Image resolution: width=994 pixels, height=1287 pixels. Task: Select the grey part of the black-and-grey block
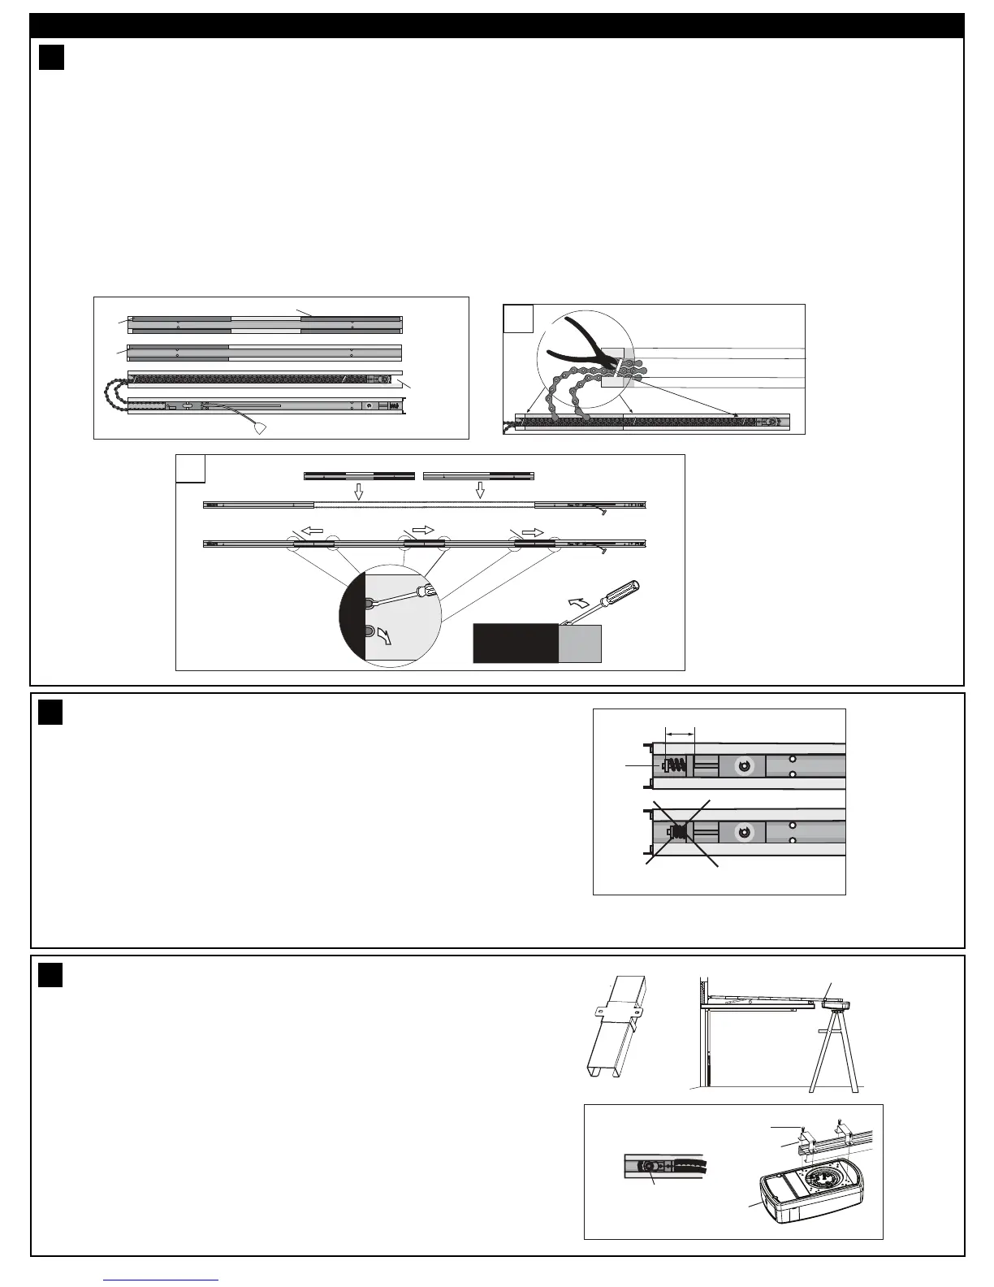(580, 643)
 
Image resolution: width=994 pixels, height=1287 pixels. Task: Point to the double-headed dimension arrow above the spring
(680, 732)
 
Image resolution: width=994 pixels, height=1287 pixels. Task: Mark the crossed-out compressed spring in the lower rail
(678, 832)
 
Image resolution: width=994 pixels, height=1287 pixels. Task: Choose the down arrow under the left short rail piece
(360, 492)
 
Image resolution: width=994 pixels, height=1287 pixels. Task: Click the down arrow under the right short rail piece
(480, 490)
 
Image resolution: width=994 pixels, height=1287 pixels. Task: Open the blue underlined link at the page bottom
(162, 1279)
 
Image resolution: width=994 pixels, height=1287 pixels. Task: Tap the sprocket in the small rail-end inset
(648, 1165)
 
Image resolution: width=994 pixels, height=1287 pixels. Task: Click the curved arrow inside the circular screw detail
(385, 636)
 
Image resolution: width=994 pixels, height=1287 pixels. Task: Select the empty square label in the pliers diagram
(517, 318)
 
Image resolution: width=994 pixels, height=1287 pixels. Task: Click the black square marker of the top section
(51, 58)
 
